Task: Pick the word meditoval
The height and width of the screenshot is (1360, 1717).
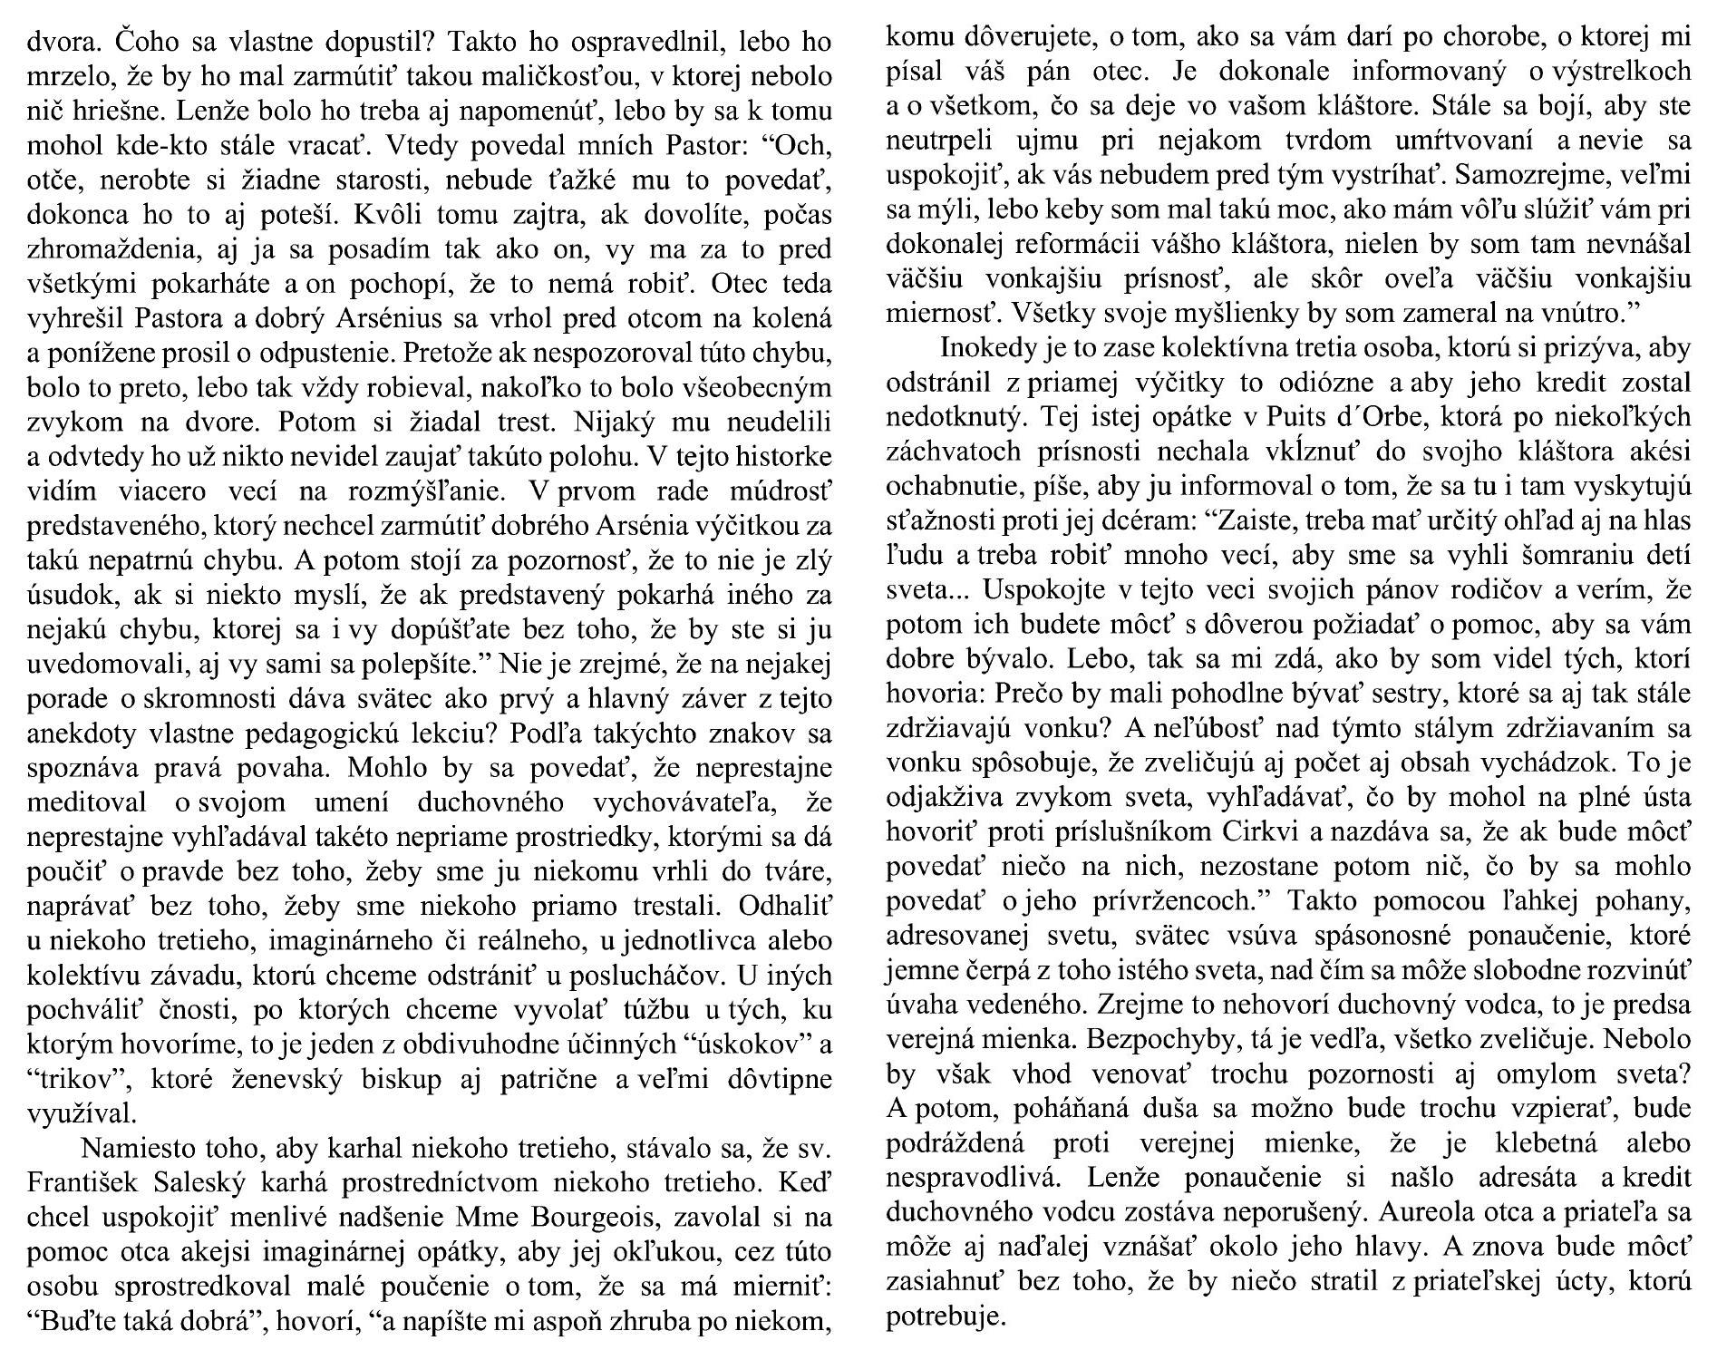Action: pos(88,803)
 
